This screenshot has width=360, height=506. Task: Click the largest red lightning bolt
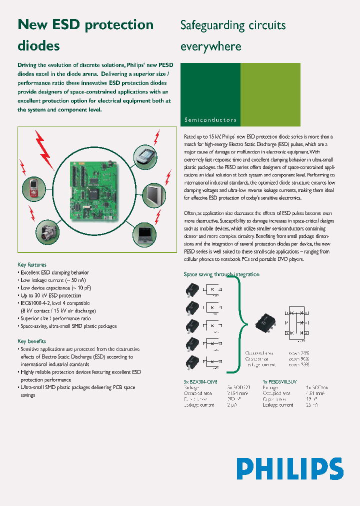coord(46,149)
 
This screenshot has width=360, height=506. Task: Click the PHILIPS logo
coord(290,469)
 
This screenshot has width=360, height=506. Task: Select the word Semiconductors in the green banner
coord(210,120)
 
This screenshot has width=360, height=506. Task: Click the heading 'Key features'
coord(32,264)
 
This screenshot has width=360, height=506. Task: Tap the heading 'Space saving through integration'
coord(221,274)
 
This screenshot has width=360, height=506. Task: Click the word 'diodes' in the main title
coord(38,46)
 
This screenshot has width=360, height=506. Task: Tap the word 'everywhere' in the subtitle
coord(210,46)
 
